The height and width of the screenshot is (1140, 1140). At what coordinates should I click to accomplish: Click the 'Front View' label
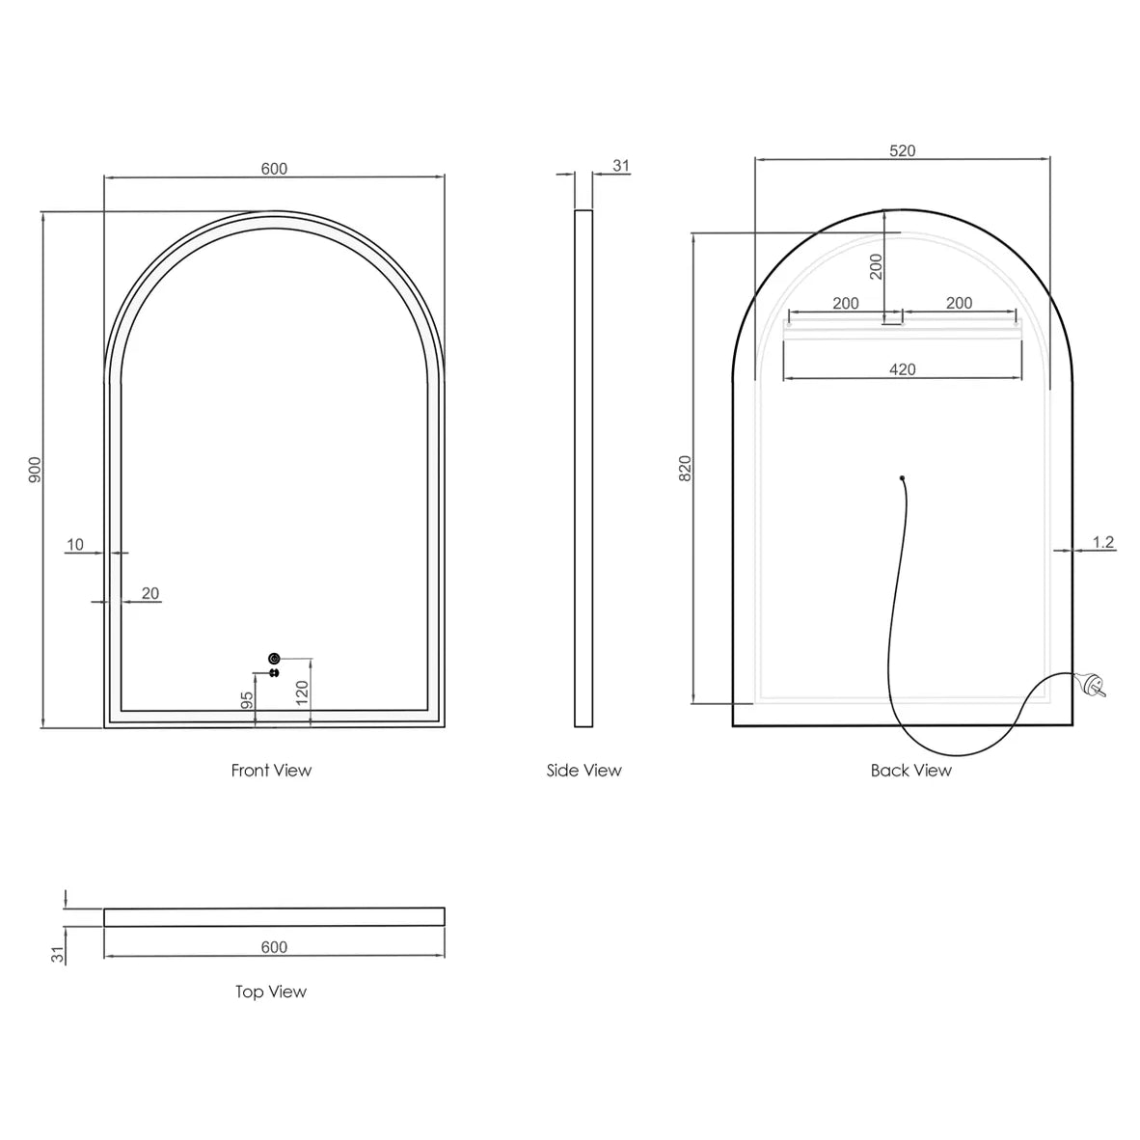pyautogui.click(x=271, y=770)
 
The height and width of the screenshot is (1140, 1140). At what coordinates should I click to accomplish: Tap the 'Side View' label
pyautogui.click(x=584, y=770)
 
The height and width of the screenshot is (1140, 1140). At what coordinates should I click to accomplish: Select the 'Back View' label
pyautogui.click(x=910, y=770)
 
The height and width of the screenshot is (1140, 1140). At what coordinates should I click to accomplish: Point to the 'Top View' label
pyautogui.click(x=271, y=991)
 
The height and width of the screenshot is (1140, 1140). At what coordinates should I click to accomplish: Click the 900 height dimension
pyautogui.click(x=35, y=469)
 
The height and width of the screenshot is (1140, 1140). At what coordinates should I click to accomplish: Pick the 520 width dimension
pyautogui.click(x=903, y=150)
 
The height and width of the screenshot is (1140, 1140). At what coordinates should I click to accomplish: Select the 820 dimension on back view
pyautogui.click(x=686, y=469)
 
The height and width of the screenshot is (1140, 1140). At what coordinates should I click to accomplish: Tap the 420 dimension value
pyautogui.click(x=903, y=369)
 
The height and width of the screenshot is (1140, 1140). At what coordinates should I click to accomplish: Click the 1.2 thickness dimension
pyautogui.click(x=1103, y=542)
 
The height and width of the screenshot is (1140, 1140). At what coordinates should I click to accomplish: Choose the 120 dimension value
pyautogui.click(x=302, y=691)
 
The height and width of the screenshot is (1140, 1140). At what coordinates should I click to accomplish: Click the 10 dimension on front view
pyautogui.click(x=75, y=545)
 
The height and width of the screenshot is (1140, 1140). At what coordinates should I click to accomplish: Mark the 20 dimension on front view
pyautogui.click(x=150, y=594)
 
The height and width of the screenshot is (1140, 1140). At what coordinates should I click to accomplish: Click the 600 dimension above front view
pyautogui.click(x=274, y=169)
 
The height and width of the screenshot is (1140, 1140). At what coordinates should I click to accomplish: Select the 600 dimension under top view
pyautogui.click(x=274, y=947)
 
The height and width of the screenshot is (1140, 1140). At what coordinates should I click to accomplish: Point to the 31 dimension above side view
pyautogui.click(x=621, y=166)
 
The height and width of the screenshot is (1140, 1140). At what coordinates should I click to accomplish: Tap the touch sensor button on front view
pyautogui.click(x=274, y=658)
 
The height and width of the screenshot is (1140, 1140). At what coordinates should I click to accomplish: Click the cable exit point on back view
pyautogui.click(x=902, y=476)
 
